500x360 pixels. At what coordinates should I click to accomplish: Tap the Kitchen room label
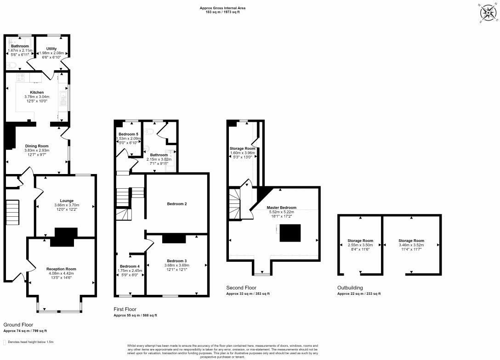pyautogui.click(x=37, y=92)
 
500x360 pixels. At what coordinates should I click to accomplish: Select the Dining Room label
pyautogui.click(x=37, y=146)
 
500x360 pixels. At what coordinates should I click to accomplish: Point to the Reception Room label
pyautogui.click(x=61, y=269)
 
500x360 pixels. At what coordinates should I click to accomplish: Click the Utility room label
pyautogui.click(x=51, y=48)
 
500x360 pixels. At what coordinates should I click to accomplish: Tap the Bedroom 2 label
pyautogui.click(x=176, y=203)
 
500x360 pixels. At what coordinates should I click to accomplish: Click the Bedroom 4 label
pyautogui.click(x=130, y=266)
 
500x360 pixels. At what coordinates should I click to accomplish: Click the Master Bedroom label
pyautogui.click(x=282, y=208)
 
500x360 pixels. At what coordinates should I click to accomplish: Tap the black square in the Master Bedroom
pyautogui.click(x=290, y=233)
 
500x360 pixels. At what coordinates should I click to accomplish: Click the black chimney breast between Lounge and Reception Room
pyautogui.click(x=62, y=237)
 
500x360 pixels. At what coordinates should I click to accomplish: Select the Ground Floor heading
pyautogui.click(x=18, y=325)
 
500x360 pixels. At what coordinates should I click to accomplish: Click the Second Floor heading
pyautogui.click(x=242, y=288)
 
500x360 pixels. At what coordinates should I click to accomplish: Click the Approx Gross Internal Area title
pyautogui.click(x=222, y=8)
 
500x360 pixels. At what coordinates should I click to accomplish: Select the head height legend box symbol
pyautogui.click(x=5, y=342)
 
